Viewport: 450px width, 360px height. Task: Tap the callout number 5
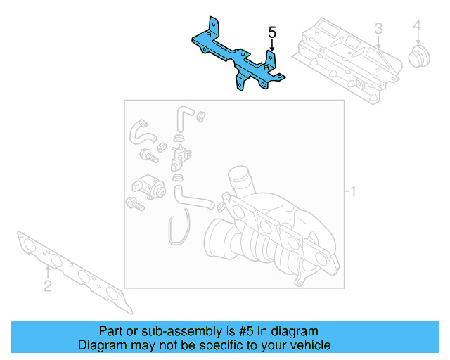click(272, 32)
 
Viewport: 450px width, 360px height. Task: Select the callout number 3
click(378, 29)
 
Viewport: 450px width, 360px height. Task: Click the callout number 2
click(47, 285)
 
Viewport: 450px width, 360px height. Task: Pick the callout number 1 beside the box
click(354, 191)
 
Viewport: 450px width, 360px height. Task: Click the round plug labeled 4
click(419, 57)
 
